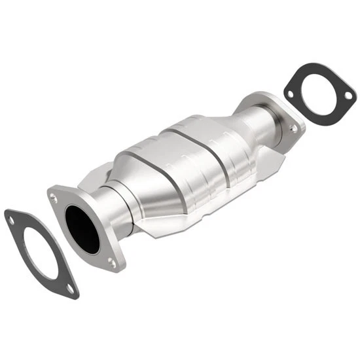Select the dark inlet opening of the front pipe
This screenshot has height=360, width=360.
(x=82, y=229)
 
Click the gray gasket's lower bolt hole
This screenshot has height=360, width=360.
(x=69, y=287)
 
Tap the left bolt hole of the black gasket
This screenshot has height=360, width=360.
(x=289, y=94)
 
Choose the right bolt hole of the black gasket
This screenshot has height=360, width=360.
(x=348, y=96)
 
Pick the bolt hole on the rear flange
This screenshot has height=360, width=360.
(x=294, y=129)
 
